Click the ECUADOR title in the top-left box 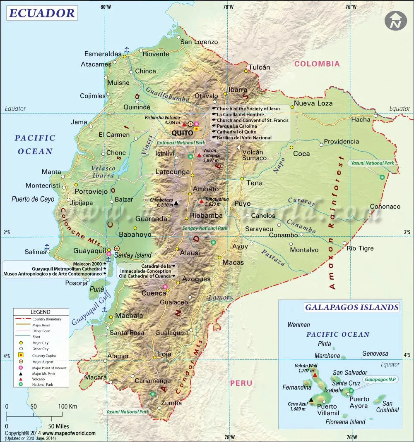(42, 13)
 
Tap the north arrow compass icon (395, 21)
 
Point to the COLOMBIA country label (317, 64)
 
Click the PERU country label (241, 383)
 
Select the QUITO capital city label (182, 133)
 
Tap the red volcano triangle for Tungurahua (202, 202)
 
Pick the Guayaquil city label (88, 251)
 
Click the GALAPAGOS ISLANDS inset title (351, 307)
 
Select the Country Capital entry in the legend (44, 356)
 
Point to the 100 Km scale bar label (67, 406)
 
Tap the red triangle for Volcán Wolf (315, 375)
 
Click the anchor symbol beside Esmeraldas (127, 50)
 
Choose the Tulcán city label (259, 67)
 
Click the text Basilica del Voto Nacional (244, 138)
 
